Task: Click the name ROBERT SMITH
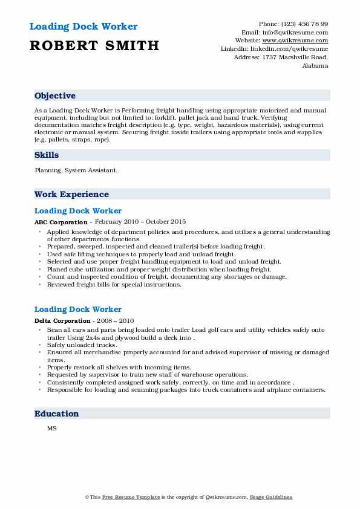[94, 45]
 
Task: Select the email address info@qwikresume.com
[302, 32]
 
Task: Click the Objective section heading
[55, 96]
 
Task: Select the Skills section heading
[47, 155]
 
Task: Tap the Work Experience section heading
[71, 195]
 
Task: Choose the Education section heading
[57, 414]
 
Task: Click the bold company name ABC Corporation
[61, 222]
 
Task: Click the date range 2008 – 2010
[114, 321]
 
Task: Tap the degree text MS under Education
[51, 429]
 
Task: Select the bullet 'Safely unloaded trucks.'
[82, 345]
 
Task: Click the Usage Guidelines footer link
[272, 498]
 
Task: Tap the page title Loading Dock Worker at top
[83, 27]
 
